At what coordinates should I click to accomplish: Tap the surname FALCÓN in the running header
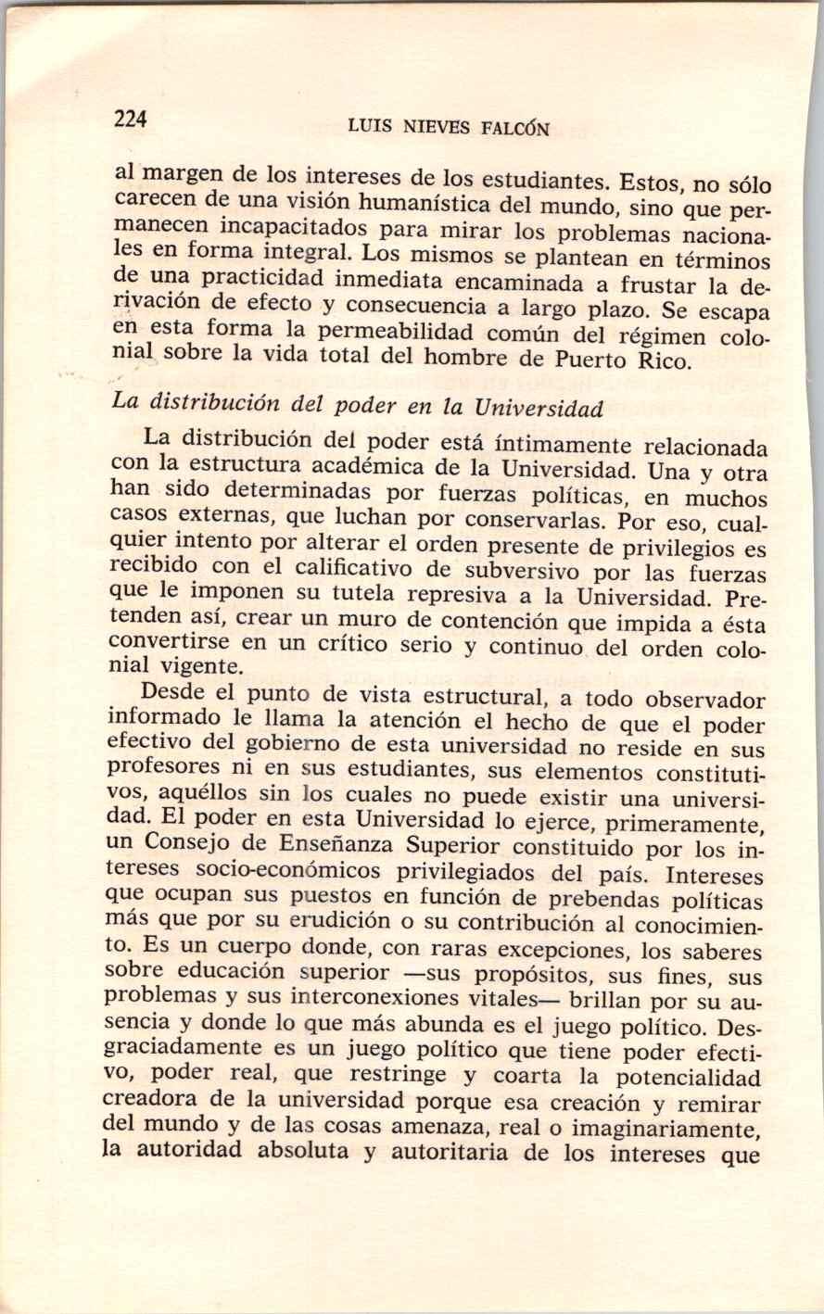[515, 130]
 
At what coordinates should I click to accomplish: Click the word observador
[704, 701]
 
